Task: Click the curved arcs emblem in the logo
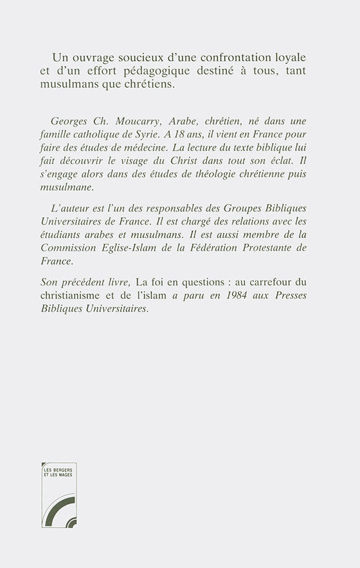[59, 505]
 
